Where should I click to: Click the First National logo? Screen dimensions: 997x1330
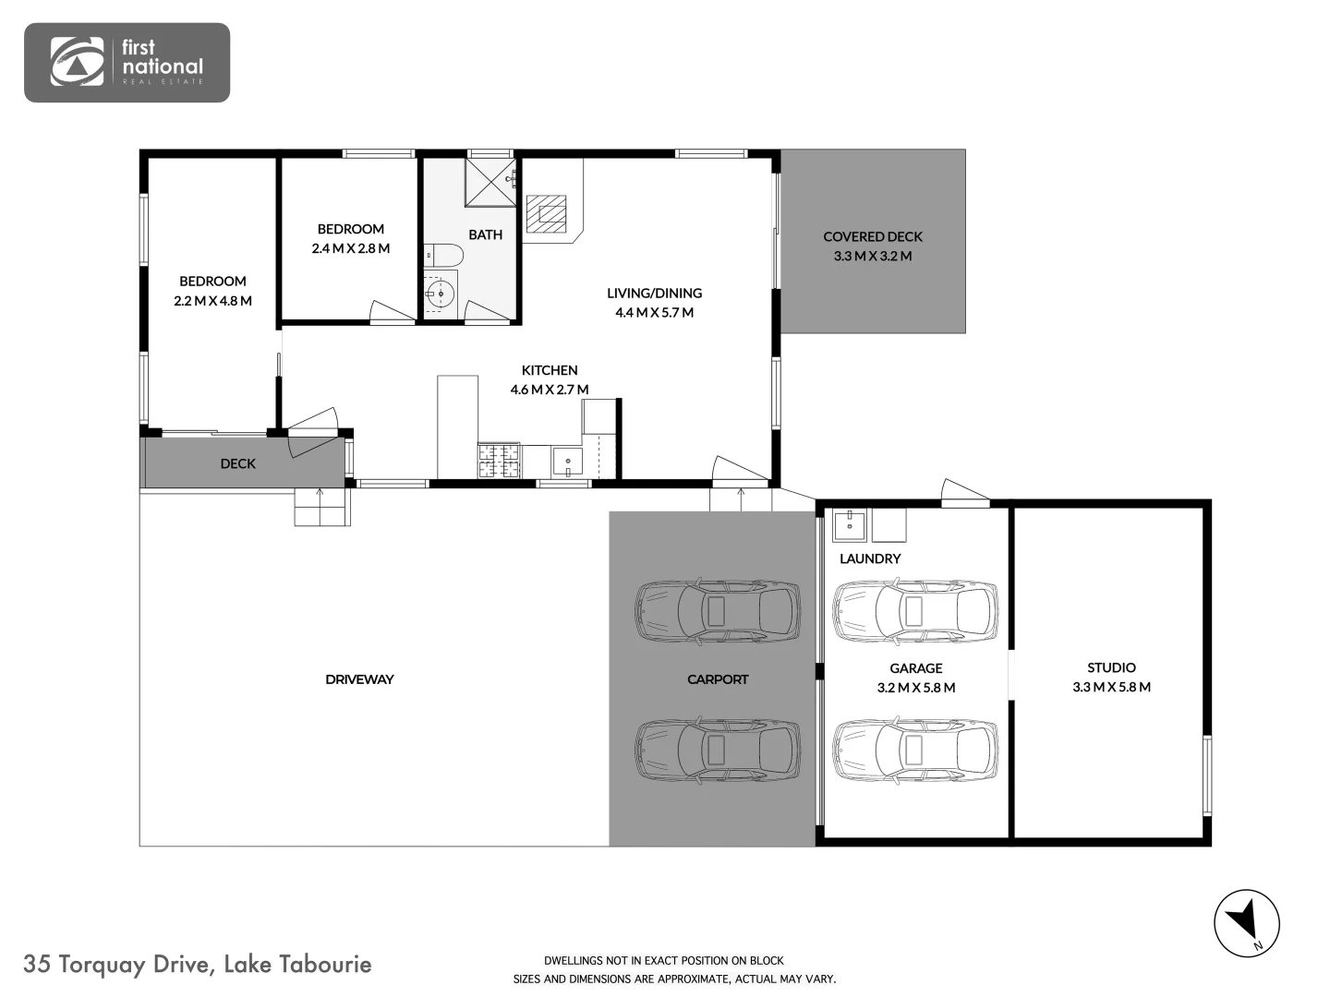click(x=127, y=62)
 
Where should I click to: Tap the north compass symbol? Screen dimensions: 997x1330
click(x=1246, y=923)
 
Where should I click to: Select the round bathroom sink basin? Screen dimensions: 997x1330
click(x=441, y=294)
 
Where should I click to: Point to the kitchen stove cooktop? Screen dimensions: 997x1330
click(x=499, y=461)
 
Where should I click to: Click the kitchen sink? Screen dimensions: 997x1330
click(x=566, y=461)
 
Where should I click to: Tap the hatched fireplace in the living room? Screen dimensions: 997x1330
click(x=545, y=213)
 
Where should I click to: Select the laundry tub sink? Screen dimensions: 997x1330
click(x=849, y=525)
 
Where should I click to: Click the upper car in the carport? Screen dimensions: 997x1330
click(x=717, y=610)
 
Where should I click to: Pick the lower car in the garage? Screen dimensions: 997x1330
click(x=915, y=749)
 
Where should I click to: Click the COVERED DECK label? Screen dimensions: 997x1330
click(x=873, y=236)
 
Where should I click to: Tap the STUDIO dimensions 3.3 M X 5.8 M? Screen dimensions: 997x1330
click(x=1111, y=687)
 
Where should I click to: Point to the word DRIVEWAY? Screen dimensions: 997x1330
click(x=359, y=679)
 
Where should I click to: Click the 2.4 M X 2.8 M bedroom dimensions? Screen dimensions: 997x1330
click(x=350, y=248)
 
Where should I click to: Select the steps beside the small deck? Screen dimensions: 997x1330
click(x=322, y=507)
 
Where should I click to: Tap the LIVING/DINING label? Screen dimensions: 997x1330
click(x=654, y=293)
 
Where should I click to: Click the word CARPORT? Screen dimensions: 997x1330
click(x=718, y=679)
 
